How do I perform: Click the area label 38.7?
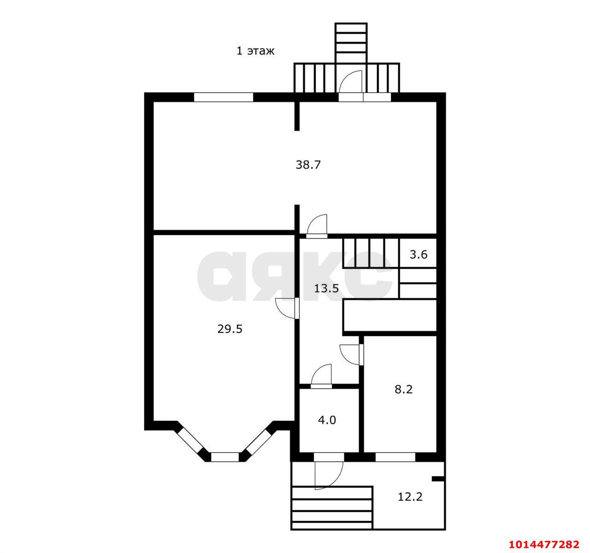pyautogui.click(x=308, y=165)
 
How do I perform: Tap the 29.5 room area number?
pyautogui.click(x=230, y=329)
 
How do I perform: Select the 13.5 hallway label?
pyautogui.click(x=326, y=288)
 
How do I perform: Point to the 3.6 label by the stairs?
pyautogui.click(x=419, y=254)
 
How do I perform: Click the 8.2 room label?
pyautogui.click(x=404, y=389)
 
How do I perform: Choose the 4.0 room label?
pyautogui.click(x=327, y=420)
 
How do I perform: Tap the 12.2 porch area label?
pyautogui.click(x=410, y=497)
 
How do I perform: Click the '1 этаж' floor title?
pyautogui.click(x=255, y=51)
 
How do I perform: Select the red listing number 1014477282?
pyautogui.click(x=544, y=544)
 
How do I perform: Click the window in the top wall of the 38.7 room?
pyautogui.click(x=224, y=97)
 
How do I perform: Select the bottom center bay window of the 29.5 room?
pyautogui.click(x=224, y=457)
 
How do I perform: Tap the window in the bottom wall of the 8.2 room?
pyautogui.click(x=395, y=457)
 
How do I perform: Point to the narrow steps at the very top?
pyautogui.click(x=351, y=43)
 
